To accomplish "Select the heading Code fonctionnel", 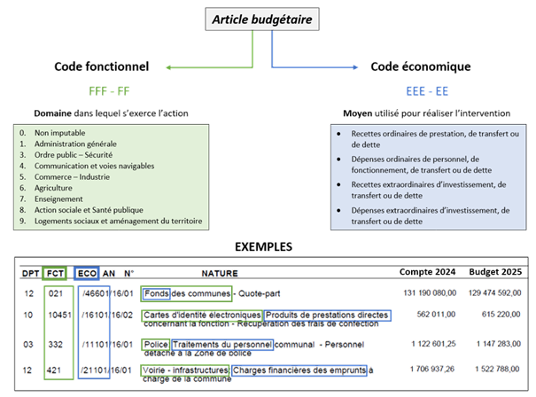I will click(102, 66).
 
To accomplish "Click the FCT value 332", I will click(54, 344).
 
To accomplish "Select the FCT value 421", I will click(54, 369).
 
